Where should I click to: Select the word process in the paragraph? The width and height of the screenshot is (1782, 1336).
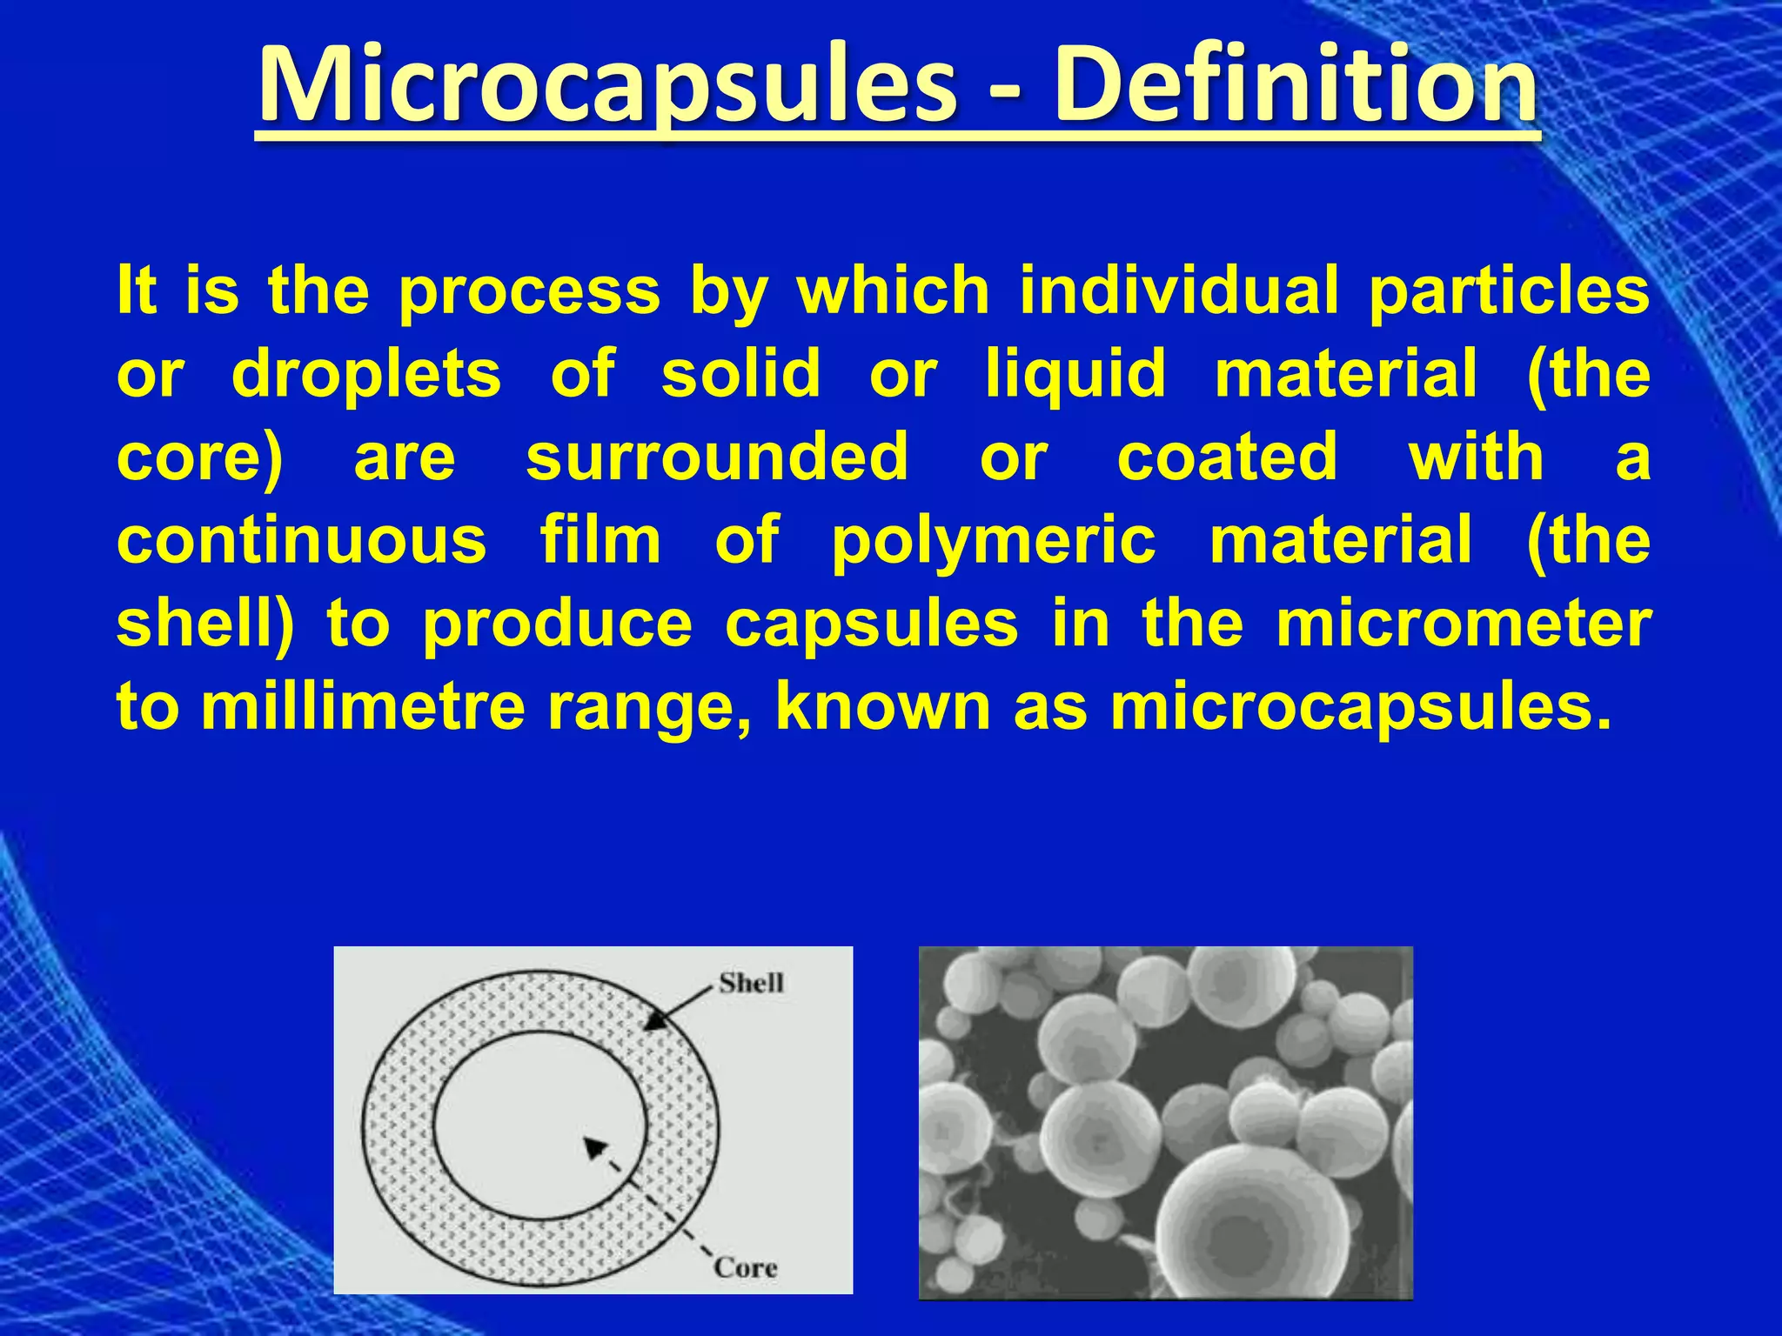[x=529, y=291]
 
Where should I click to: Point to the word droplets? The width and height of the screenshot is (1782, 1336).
[x=366, y=375]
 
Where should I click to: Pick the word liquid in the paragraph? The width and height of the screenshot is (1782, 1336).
[x=1075, y=375]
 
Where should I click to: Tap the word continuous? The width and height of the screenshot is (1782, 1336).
[x=301, y=540]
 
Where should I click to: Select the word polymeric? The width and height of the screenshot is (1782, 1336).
[x=993, y=542]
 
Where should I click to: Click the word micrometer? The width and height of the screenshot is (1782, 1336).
[x=1463, y=624]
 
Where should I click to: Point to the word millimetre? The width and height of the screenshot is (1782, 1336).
[x=364, y=706]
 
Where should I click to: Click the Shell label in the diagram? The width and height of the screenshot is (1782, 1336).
[x=751, y=983]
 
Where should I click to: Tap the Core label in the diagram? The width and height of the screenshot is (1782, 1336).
[x=745, y=1267]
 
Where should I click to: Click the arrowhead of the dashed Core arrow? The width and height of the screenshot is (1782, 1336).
[x=594, y=1148]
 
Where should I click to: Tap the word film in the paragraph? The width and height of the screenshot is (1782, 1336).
[x=600, y=540]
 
